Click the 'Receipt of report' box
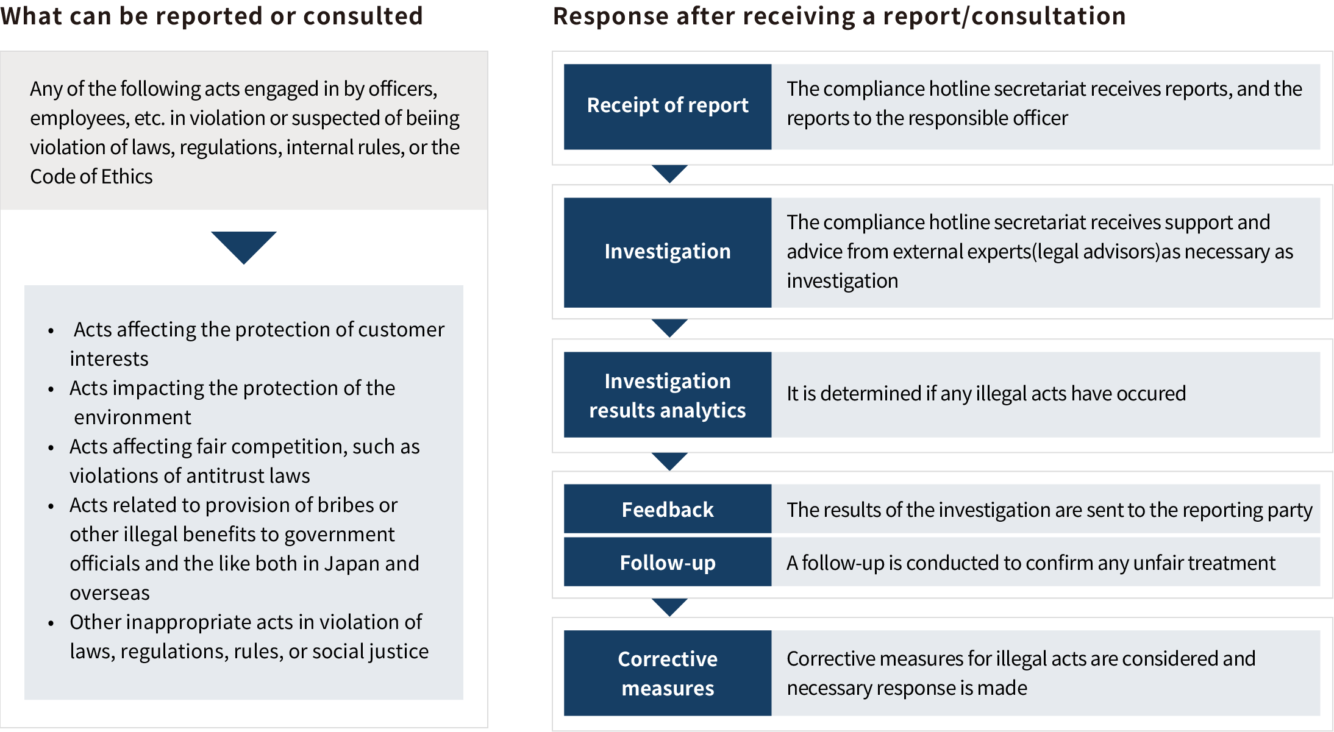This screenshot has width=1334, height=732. point(667,107)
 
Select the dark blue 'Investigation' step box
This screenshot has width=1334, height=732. point(667,252)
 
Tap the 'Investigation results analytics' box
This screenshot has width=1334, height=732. point(667,395)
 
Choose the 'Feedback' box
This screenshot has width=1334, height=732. point(667,509)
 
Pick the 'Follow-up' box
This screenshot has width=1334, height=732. point(667,562)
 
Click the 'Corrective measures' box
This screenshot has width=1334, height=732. point(667,673)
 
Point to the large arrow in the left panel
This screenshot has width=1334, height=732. point(243,246)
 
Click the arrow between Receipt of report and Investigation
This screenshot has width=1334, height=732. point(669,173)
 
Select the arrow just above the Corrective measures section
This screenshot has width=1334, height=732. point(669,606)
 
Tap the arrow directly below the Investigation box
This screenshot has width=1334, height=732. point(669,327)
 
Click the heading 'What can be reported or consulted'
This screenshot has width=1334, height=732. point(211,16)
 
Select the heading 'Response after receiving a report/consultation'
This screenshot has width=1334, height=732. point(839,16)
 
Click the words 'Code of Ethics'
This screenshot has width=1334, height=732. point(91,177)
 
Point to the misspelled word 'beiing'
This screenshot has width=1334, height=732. point(432,118)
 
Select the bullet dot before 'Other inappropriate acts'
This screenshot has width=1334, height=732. point(51,624)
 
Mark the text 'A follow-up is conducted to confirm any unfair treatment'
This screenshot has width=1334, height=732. point(1030,563)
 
